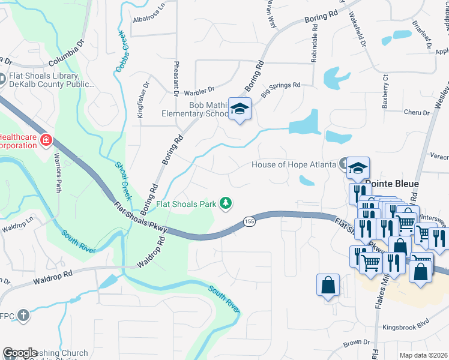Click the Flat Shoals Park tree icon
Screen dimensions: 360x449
[x=226, y=204]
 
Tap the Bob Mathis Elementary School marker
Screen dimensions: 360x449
[x=240, y=109]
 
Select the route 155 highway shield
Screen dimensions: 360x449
[x=249, y=222]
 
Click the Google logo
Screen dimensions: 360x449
[x=20, y=353]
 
